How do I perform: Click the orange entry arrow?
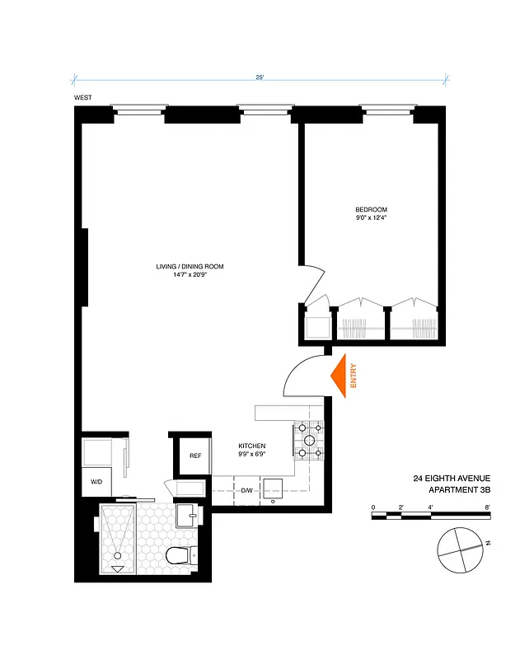[339, 377]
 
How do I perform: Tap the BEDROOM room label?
[371, 209]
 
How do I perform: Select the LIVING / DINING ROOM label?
[190, 266]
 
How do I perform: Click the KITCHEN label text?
[252, 445]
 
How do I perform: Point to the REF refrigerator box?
[195, 456]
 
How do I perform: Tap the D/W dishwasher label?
[247, 491]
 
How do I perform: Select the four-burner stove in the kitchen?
[308, 440]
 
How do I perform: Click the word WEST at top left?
[82, 98]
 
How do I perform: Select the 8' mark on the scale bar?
[489, 507]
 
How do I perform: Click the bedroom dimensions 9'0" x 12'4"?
[371, 218]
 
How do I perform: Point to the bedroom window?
[386, 108]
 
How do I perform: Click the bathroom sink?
[188, 516]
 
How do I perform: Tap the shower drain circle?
[116, 555]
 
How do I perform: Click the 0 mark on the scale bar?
[373, 507]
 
